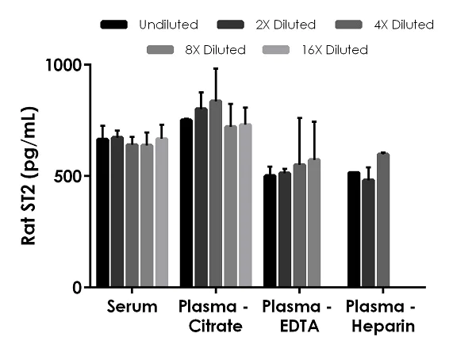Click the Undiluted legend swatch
[x=115, y=25]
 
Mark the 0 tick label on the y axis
[x=77, y=288]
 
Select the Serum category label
[x=132, y=307]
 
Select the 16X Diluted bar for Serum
[x=162, y=213]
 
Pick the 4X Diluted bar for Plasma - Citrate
[x=216, y=194]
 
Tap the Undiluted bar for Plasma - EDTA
[x=270, y=231]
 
